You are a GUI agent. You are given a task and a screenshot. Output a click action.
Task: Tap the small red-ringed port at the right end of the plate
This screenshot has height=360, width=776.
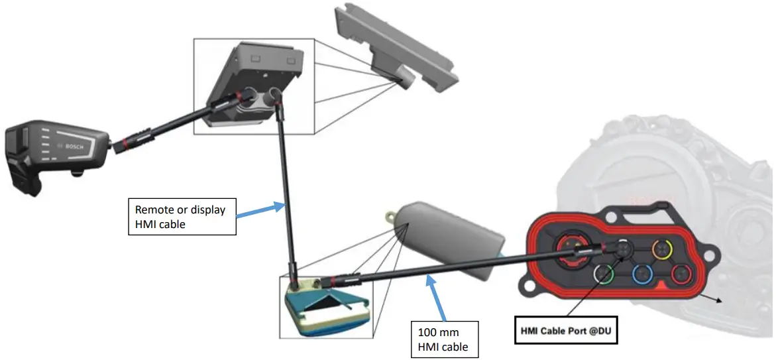click(681, 274)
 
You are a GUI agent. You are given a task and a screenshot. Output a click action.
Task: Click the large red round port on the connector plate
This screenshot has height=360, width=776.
click(569, 247)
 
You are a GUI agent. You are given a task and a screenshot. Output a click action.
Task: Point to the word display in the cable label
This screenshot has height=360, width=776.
click(208, 210)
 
